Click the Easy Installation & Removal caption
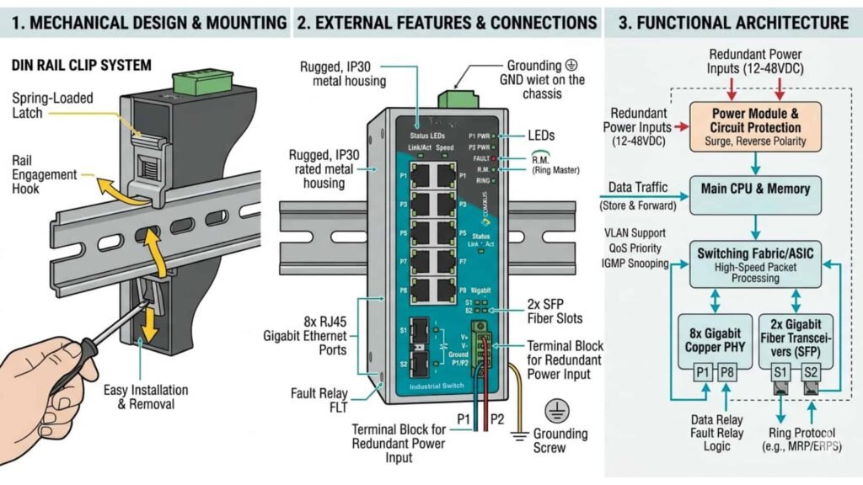(x=146, y=397)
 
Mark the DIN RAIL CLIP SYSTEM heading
(x=81, y=65)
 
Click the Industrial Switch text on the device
(x=437, y=386)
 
